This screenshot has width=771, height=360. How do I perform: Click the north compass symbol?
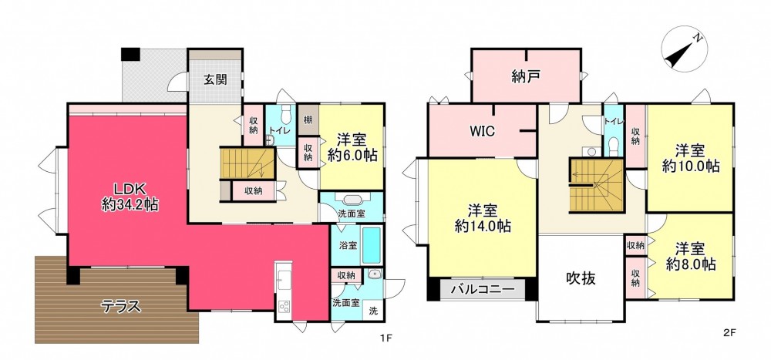(684, 49)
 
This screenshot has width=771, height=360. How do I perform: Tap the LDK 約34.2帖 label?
(130, 197)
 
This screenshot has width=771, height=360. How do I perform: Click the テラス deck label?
(121, 307)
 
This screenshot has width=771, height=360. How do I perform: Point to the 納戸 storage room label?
(526, 77)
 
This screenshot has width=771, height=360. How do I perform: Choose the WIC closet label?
(483, 131)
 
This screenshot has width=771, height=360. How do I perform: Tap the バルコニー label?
(482, 289)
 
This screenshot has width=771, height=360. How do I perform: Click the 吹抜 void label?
(580, 278)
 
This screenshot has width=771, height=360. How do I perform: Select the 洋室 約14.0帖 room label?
(483, 218)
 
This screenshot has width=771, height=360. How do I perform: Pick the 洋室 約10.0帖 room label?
(690, 158)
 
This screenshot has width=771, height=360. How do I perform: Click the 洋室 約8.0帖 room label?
(690, 256)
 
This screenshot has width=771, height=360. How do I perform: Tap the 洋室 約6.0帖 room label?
(352, 147)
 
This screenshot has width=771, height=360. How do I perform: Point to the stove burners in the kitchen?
(285, 306)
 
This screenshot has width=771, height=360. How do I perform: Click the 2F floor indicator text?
(729, 332)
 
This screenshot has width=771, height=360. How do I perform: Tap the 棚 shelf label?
(308, 119)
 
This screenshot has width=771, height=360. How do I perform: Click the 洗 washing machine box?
(373, 311)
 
